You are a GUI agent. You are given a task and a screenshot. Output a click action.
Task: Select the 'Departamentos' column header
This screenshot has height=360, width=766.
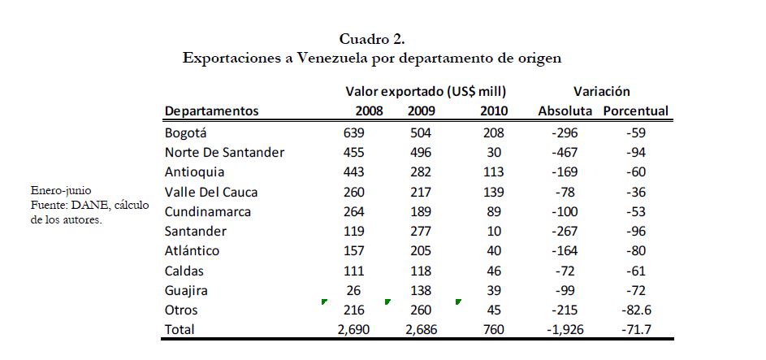coord(211,111)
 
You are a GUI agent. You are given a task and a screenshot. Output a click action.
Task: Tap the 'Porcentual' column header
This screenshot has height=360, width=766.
coord(635,111)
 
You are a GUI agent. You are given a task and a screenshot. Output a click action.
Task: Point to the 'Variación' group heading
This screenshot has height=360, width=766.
coord(601,92)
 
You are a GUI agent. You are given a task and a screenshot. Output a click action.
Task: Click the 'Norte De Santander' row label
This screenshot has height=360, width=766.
coord(224,153)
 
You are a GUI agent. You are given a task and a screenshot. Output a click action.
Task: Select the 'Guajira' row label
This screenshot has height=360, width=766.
coord(186,290)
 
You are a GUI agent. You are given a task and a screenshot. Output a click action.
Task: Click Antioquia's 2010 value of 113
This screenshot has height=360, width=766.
coord(491,172)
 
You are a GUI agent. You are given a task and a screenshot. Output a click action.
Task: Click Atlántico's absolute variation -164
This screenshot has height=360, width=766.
coord(561,251)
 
